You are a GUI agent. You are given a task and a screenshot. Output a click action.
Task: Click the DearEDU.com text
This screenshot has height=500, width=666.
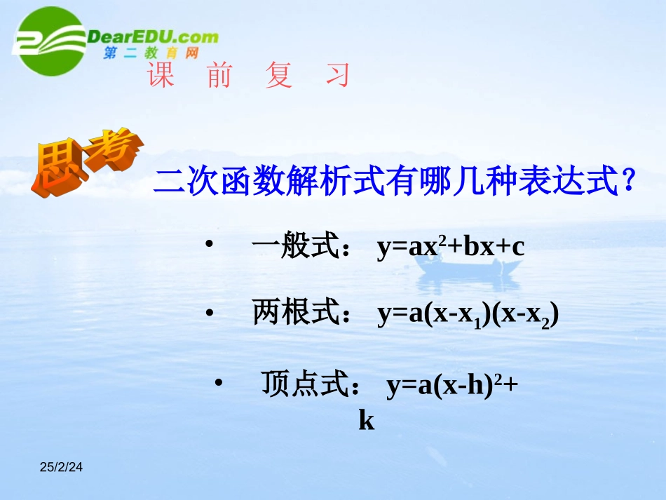(x=153, y=36)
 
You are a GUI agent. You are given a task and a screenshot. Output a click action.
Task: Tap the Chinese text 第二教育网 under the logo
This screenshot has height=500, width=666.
(x=151, y=53)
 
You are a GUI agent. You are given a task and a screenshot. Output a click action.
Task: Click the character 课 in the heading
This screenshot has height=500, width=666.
(x=161, y=76)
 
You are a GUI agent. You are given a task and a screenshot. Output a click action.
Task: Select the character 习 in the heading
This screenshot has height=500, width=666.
(x=337, y=76)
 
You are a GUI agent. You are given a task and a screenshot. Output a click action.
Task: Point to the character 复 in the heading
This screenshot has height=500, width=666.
(x=278, y=76)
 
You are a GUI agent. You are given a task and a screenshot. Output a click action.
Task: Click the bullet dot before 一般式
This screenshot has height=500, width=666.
(x=208, y=245)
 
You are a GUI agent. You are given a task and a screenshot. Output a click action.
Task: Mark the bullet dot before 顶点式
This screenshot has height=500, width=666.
(x=218, y=382)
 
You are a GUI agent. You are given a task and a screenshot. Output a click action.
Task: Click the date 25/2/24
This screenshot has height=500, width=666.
(x=60, y=466)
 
